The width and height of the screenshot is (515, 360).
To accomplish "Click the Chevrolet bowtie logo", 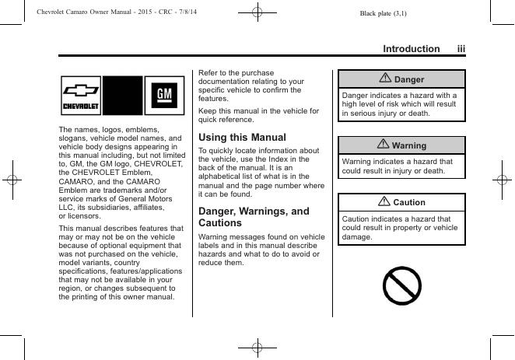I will [x=81, y=96].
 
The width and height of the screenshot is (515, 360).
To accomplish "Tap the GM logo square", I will [x=165, y=96].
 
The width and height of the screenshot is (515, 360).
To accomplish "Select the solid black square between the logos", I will [x=124, y=96].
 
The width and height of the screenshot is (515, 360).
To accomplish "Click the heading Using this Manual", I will [x=242, y=137].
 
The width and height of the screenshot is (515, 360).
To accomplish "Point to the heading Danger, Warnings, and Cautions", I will [x=254, y=216].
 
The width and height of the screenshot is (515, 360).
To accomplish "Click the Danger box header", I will [x=401, y=79].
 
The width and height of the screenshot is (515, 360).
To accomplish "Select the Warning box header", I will [x=401, y=145].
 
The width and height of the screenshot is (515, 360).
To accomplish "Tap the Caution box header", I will [x=401, y=202].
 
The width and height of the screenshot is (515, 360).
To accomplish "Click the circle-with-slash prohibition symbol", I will [x=401, y=285].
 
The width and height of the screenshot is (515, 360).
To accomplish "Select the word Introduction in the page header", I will [x=411, y=48].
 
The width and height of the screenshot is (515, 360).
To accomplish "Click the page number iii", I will [x=461, y=48].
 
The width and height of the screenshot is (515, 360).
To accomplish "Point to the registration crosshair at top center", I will [x=257, y=12].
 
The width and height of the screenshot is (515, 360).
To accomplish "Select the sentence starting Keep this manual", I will [x=258, y=115].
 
